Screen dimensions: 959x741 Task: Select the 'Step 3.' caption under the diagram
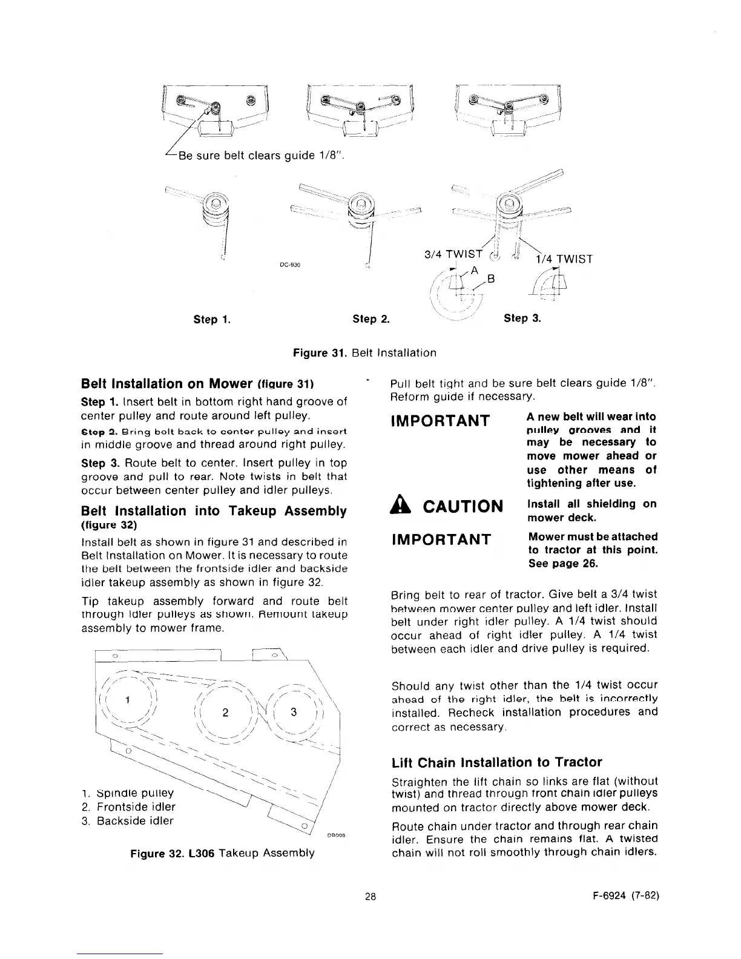pyautogui.click(x=522, y=317)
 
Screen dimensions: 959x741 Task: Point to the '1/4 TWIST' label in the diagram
pyautogui.click(x=563, y=259)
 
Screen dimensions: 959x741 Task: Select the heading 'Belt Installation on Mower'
pyautogui.click(x=166, y=384)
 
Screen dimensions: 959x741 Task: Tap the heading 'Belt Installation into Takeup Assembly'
pyautogui.click(x=214, y=511)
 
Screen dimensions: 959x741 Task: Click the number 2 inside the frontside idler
pyautogui.click(x=225, y=712)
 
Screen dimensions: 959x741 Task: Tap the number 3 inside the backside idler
pyautogui.click(x=294, y=712)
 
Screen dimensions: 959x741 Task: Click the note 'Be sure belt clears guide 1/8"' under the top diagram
pyautogui.click(x=254, y=156)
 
